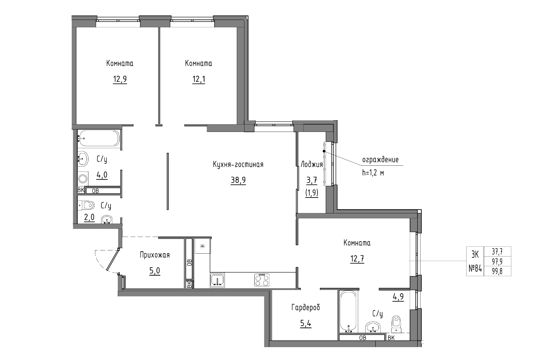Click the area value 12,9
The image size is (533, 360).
point(120,79)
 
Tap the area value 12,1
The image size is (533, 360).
point(198,79)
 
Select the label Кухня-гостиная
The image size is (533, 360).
point(238,164)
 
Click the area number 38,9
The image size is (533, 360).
point(238,180)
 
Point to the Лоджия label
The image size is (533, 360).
point(312,164)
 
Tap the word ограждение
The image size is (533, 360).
point(380,160)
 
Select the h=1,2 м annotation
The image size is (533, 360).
point(373,173)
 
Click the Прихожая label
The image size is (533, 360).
point(155,255)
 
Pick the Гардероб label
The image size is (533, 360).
point(306,307)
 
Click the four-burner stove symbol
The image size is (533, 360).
point(262,280)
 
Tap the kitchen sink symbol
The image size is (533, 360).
point(217,280)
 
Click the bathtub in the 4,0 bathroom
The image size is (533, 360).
point(99,138)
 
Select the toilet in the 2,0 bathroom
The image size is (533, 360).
point(86,205)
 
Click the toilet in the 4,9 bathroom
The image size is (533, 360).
point(396,324)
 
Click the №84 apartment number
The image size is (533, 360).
point(475,268)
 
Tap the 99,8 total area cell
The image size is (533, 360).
point(497,271)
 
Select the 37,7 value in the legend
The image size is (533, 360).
point(497,251)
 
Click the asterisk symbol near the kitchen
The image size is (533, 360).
point(203,246)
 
